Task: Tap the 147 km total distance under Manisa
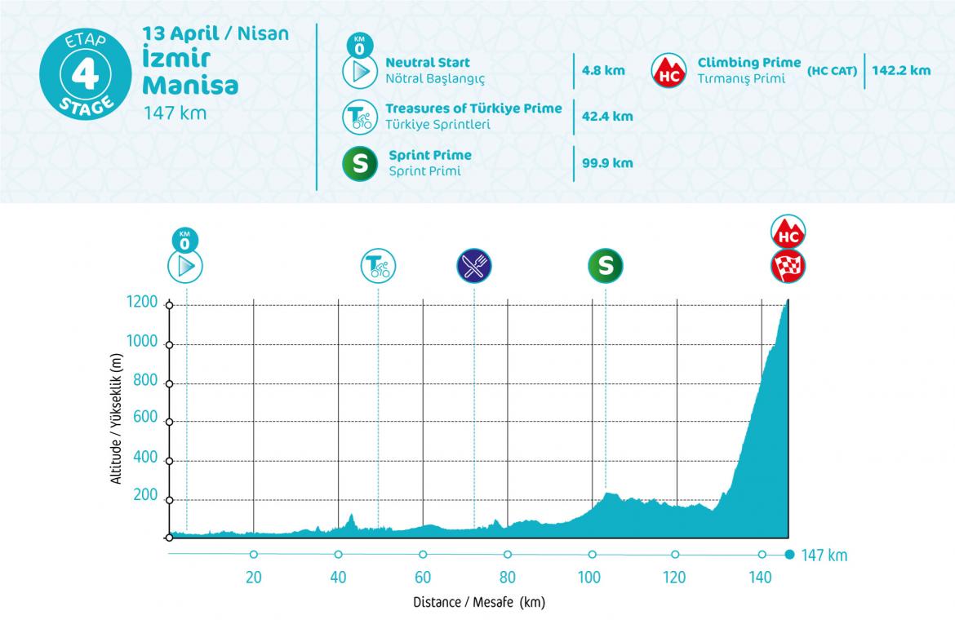click(x=175, y=113)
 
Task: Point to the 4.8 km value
click(x=603, y=70)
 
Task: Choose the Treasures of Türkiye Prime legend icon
click(x=358, y=117)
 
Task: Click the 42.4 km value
click(x=607, y=116)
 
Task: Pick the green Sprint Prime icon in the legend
click(x=358, y=162)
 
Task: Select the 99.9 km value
click(x=607, y=162)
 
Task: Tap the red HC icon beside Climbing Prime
click(x=668, y=71)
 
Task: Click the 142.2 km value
click(x=900, y=70)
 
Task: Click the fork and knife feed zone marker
click(x=474, y=265)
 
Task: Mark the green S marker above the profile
click(x=605, y=265)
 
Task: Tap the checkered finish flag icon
click(x=788, y=265)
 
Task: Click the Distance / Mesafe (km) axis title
click(x=478, y=604)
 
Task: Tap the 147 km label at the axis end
click(x=824, y=556)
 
